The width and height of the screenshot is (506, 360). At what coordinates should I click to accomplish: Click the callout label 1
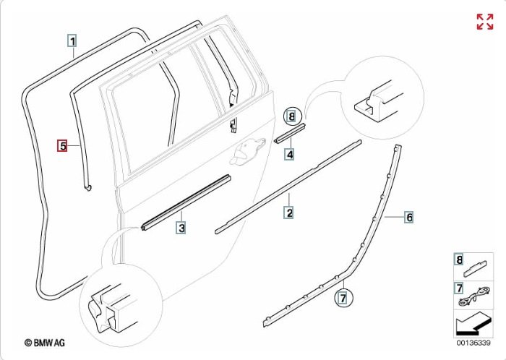coord(72,40)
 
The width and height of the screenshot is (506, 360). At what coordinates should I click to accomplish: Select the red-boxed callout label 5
coord(63,145)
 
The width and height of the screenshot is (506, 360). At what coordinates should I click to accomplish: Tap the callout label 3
coord(182,228)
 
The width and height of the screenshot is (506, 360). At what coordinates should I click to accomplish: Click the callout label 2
coord(289,213)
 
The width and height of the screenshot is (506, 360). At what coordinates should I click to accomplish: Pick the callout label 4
coord(289,153)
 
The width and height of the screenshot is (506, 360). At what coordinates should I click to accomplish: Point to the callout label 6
coord(408,217)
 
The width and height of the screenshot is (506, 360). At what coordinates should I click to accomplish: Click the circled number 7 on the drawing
coord(343,296)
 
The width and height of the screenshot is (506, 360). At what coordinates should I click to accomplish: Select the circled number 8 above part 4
coord(291,116)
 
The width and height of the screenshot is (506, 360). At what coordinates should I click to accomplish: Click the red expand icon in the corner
coord(484,22)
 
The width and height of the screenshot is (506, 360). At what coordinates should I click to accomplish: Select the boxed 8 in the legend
coord(458,260)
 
